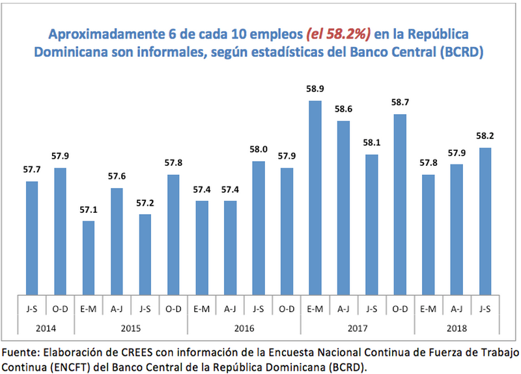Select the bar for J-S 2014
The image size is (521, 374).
(32, 238)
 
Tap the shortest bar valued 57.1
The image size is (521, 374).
(89, 258)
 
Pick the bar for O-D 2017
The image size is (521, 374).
(400, 204)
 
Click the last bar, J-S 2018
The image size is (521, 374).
(484, 221)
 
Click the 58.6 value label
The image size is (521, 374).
(343, 110)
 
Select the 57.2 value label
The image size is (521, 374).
(145, 203)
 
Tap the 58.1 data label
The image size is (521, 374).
(371, 143)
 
